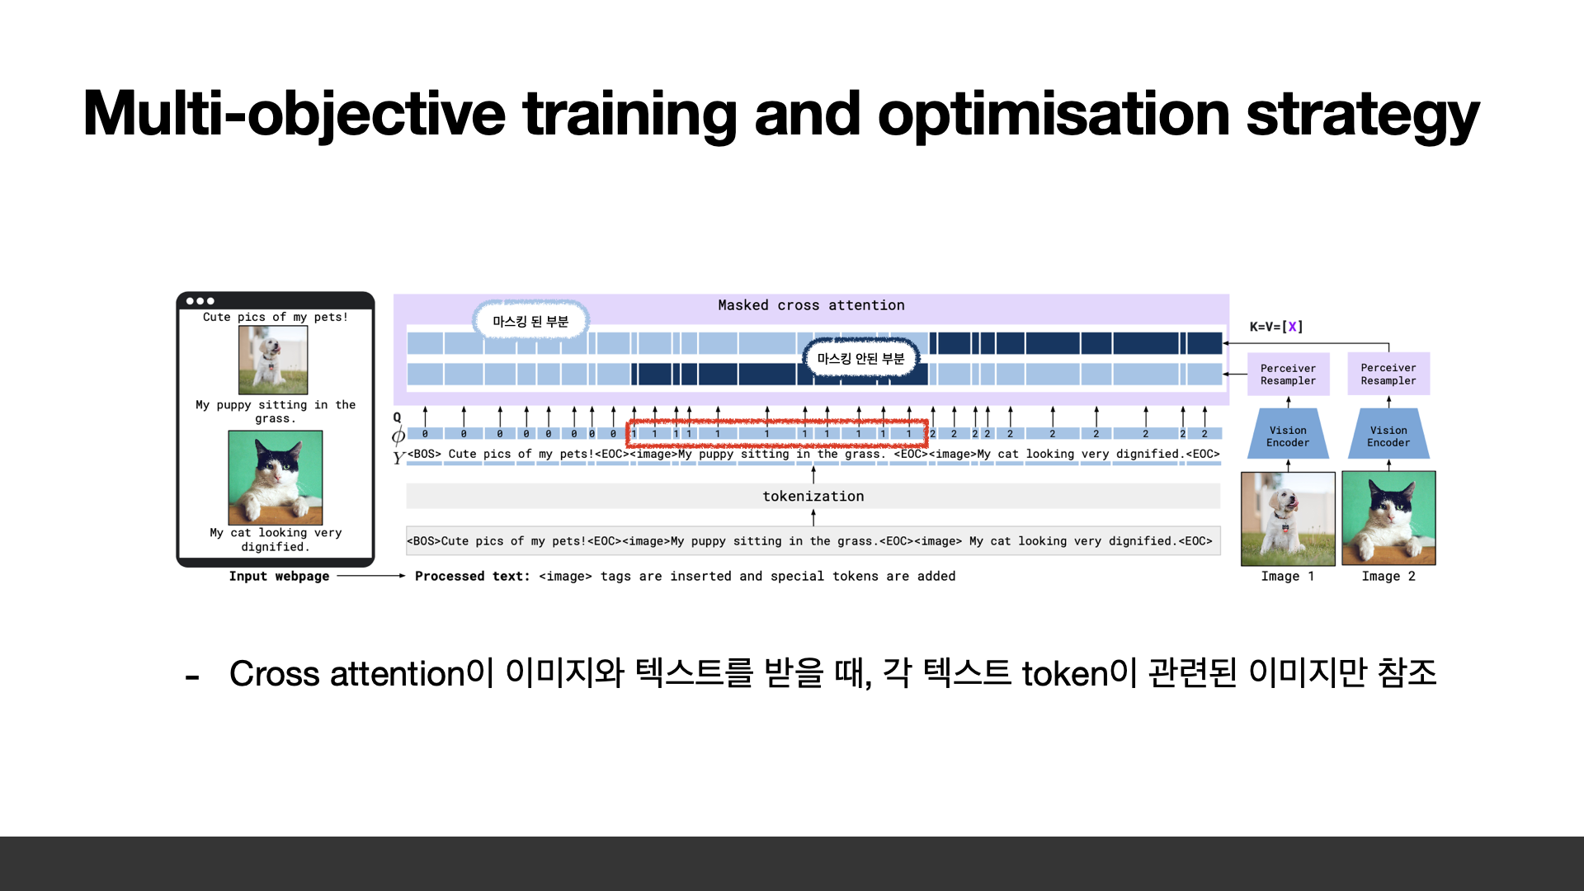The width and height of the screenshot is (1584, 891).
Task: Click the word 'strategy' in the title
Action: tap(1362, 115)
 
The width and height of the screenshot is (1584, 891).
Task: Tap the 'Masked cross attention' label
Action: tap(811, 305)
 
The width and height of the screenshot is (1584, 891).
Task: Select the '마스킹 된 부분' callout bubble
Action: tap(530, 321)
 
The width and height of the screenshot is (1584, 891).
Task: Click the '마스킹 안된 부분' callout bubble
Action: tap(860, 358)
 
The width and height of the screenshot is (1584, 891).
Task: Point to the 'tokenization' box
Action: tap(813, 496)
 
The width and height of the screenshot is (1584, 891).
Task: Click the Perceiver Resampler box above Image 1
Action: tap(1288, 375)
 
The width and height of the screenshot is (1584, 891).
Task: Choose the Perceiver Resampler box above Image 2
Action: tap(1388, 375)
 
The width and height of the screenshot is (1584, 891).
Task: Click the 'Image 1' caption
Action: tap(1288, 576)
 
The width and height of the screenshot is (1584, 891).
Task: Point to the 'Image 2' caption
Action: tap(1388, 576)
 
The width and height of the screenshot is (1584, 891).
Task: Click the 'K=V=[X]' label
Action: tap(1276, 327)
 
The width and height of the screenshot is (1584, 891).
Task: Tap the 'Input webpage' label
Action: tap(279, 576)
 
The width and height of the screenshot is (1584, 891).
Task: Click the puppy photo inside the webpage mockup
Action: tap(273, 360)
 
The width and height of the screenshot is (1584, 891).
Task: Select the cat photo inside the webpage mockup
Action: tap(276, 478)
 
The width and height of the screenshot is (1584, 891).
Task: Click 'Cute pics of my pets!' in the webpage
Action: tap(276, 317)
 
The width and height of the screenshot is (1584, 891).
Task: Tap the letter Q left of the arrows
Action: tap(397, 417)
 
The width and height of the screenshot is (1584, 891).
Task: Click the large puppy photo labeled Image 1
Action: tap(1288, 518)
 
